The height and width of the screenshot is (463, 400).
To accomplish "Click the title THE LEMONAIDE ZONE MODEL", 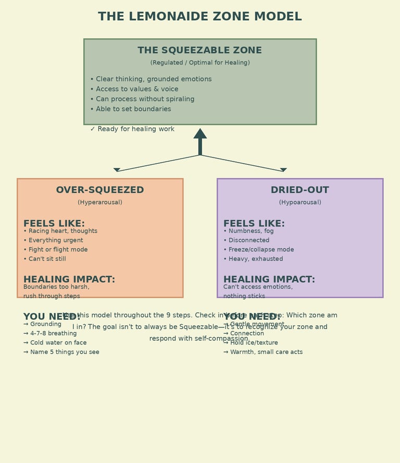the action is tap(200, 17).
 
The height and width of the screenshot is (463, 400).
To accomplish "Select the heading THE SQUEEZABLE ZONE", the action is tap(200, 50).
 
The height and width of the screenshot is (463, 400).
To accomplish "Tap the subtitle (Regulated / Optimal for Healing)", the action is tap(200, 63).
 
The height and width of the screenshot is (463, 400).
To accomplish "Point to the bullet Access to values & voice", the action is tap(137, 89).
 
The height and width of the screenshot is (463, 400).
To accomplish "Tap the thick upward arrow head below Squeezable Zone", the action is tap(200, 134).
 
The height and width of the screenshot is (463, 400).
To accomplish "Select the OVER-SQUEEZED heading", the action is tap(100, 190).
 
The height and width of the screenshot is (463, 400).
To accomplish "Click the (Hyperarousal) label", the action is tap(100, 202).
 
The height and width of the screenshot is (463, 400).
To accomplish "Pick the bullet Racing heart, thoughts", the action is tap(63, 231).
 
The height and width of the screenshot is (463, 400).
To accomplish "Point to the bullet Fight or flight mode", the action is tap(58, 249).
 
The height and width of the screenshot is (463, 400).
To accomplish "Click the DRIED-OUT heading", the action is tap(300, 190).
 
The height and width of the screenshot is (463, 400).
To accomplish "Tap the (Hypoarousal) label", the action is tap(300, 202).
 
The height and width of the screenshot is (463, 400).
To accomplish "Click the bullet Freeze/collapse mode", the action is tap(261, 249).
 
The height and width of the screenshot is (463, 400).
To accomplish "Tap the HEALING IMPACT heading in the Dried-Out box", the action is tap(269, 280).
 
